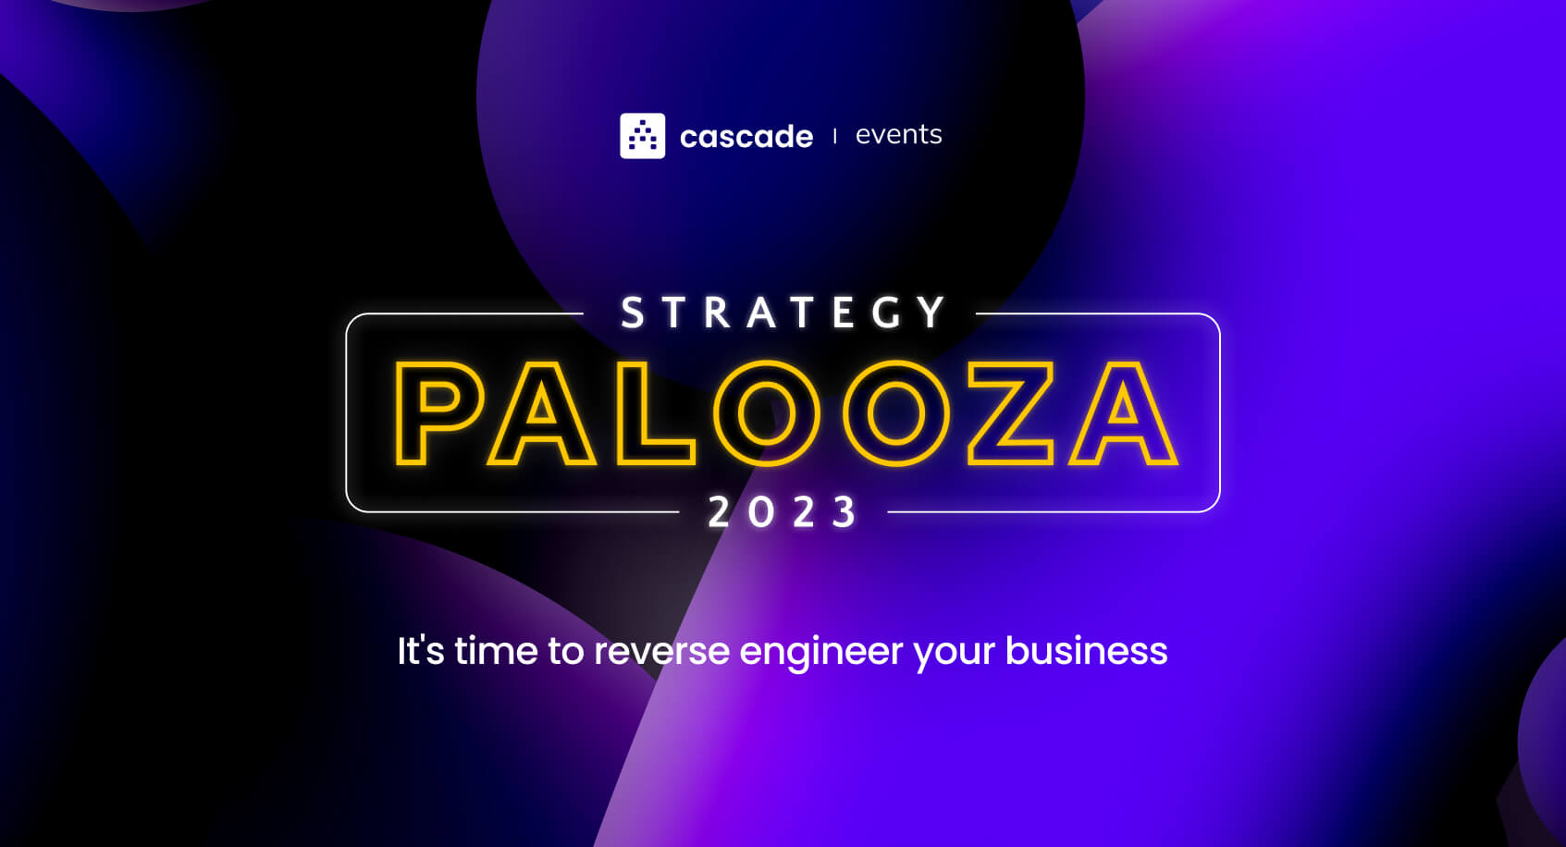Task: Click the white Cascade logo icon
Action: tap(642, 136)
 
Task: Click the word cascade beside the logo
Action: tap(746, 137)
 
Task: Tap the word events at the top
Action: tap(898, 135)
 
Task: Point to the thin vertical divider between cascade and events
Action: tap(835, 136)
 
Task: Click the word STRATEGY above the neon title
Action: tap(783, 313)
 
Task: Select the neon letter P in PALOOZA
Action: tap(432, 413)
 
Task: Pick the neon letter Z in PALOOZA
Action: tap(1011, 413)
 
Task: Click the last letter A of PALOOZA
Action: tap(1123, 413)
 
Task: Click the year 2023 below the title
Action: tap(783, 512)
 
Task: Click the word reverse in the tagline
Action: tap(661, 651)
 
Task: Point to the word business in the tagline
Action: tap(1086, 651)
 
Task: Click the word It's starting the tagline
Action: tap(420, 650)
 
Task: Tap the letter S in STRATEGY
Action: tap(633, 313)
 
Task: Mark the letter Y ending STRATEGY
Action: tap(932, 313)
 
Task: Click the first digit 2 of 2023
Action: tap(720, 512)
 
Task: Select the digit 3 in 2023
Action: tap(845, 512)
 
